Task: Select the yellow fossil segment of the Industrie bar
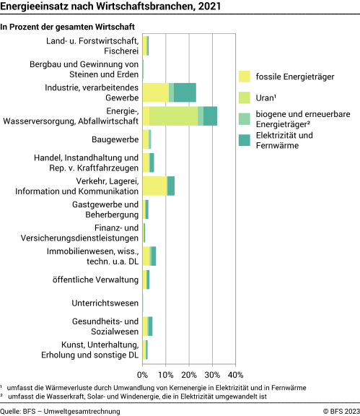pos(155,92)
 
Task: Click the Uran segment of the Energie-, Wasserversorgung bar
pos(173,116)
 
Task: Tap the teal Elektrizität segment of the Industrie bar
pos(185,92)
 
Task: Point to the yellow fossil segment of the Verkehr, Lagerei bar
pos(154,186)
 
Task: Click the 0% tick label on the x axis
pos(142,375)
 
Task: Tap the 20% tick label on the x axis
pos(189,375)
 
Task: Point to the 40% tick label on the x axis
pos(235,375)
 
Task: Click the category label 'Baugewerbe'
pos(115,139)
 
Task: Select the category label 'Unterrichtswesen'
pos(105,303)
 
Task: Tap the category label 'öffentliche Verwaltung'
pos(95,279)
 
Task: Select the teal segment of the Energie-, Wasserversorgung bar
pos(210,116)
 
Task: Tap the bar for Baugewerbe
pos(146,139)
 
